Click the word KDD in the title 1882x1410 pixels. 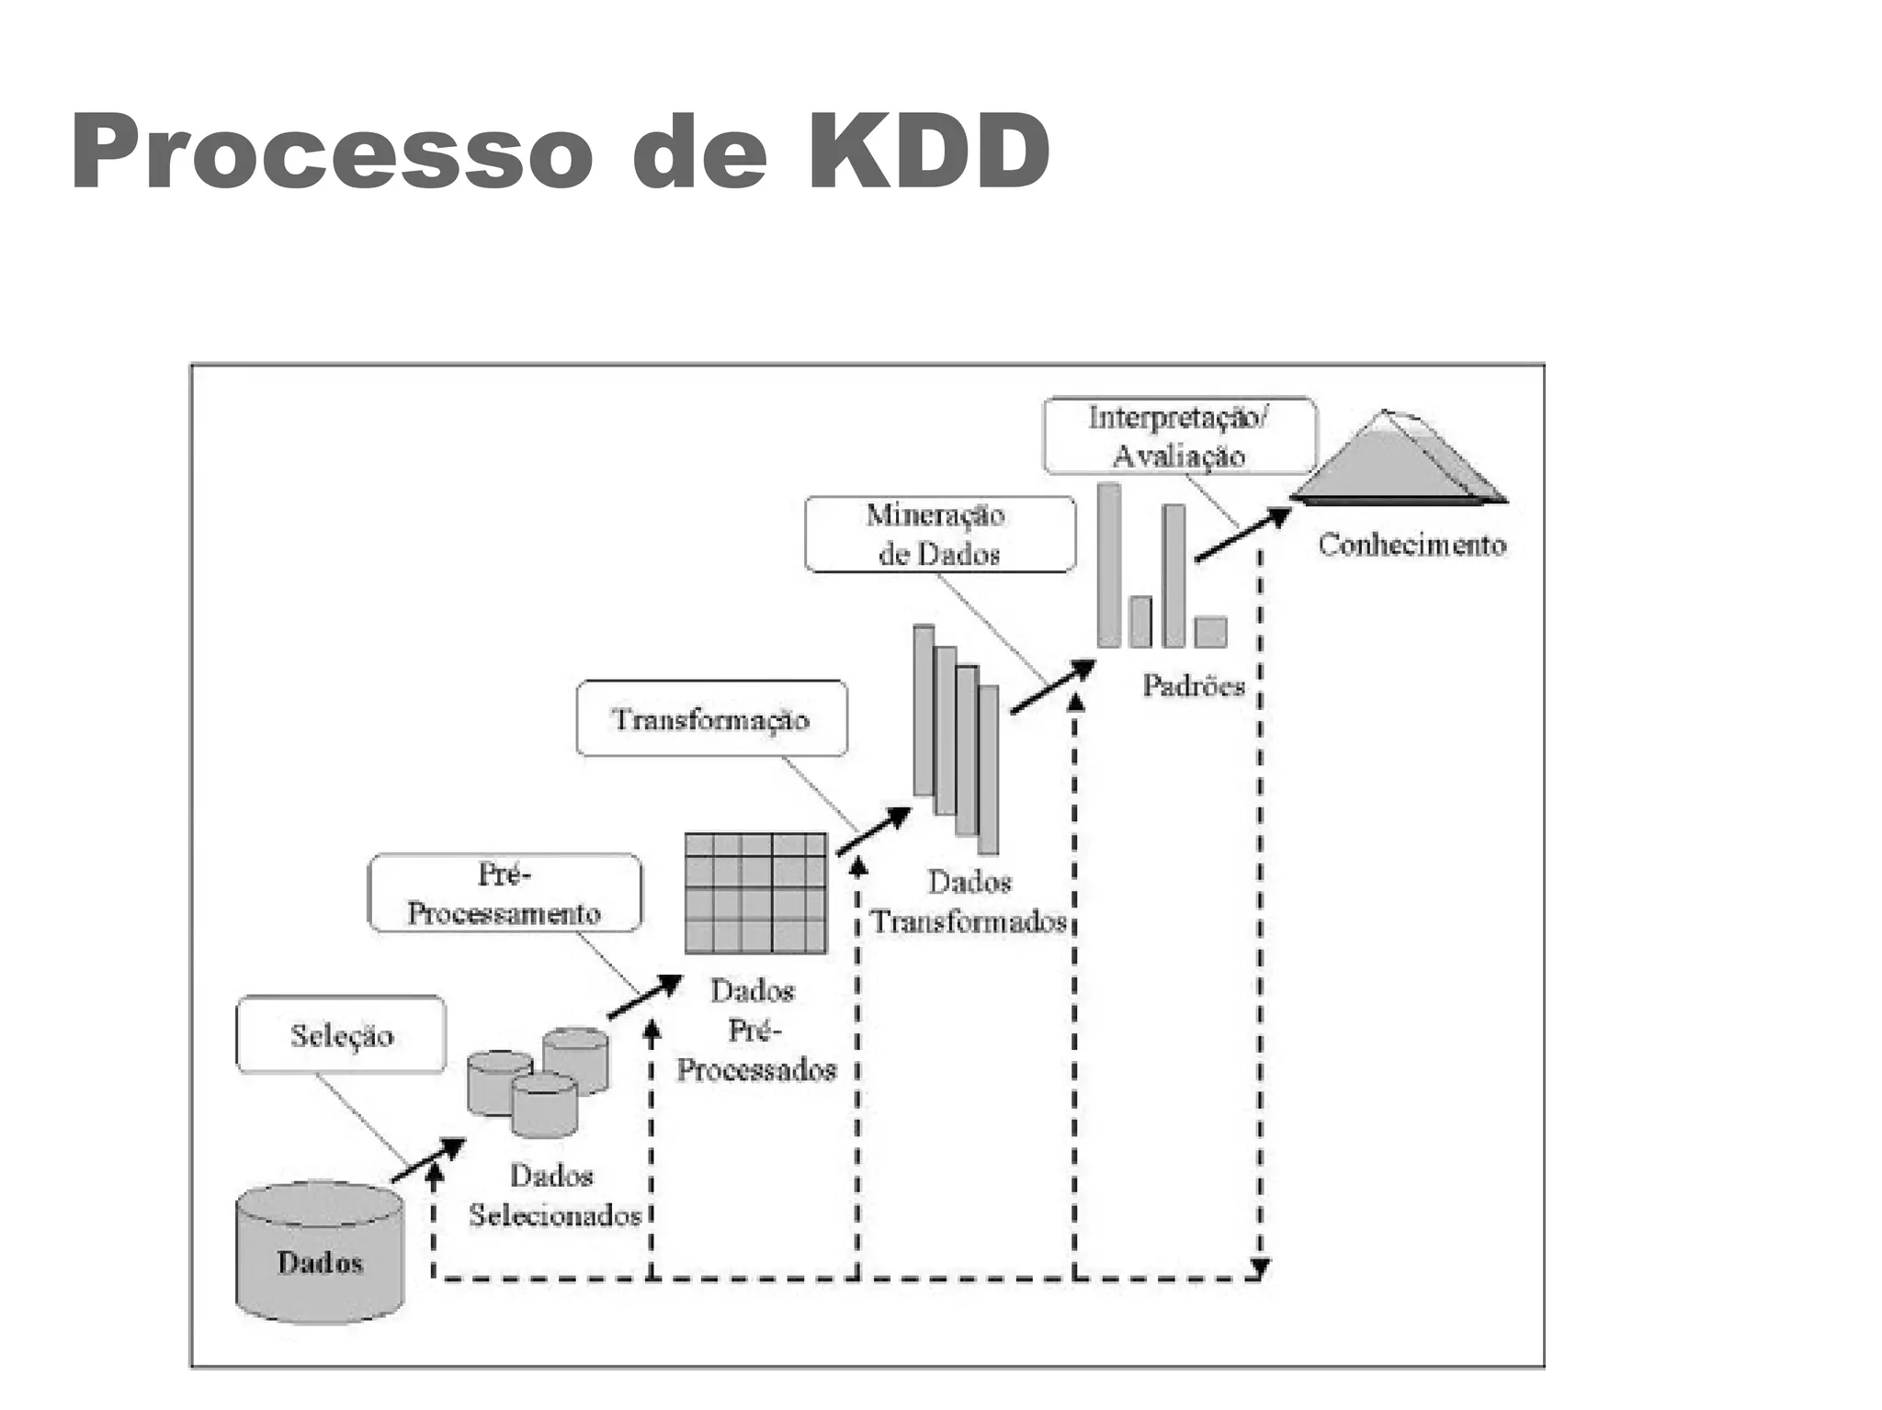[928, 152]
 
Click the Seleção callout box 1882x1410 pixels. [341, 1034]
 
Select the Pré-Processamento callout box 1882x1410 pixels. [505, 893]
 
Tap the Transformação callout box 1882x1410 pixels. [711, 718]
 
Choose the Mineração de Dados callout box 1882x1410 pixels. [939, 535]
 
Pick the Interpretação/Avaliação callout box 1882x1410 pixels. [1179, 435]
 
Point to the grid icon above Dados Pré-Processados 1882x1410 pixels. [755, 893]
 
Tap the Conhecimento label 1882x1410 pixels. [1411, 545]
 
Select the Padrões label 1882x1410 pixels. [1193, 685]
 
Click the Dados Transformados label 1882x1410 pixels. [969, 902]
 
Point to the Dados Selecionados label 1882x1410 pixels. [554, 1195]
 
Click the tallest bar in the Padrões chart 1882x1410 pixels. [1109, 565]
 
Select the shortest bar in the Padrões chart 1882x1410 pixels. [1210, 632]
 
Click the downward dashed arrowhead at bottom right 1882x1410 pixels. [1260, 1269]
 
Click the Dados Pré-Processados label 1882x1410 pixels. [755, 1030]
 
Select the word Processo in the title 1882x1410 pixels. [332, 152]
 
